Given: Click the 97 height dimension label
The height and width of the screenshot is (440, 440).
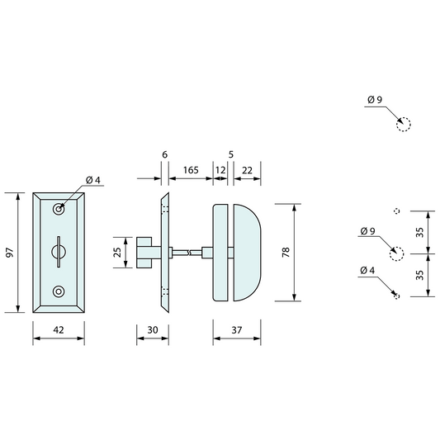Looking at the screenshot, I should point(10,253).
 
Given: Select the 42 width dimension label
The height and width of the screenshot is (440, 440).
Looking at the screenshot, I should point(58,329).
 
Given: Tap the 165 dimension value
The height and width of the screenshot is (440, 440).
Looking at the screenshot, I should point(190,169).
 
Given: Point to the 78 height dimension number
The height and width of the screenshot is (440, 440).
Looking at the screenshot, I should point(286,253).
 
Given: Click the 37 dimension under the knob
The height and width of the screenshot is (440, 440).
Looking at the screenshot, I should point(237,329).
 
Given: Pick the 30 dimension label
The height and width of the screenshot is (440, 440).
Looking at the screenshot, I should point(152,329).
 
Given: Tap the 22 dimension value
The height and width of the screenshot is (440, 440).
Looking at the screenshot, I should point(248,169).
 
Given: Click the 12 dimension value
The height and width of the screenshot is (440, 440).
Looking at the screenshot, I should point(220,169).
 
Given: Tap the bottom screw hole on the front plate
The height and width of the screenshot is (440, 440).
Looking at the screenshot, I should point(58,292).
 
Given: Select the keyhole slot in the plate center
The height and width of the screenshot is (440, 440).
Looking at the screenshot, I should point(58,250).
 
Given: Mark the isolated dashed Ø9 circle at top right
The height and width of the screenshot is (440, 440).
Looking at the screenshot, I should point(402,125).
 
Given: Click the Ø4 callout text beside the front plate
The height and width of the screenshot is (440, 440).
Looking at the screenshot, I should point(92,181).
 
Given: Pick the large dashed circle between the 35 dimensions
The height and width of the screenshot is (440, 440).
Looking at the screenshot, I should point(397,253).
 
